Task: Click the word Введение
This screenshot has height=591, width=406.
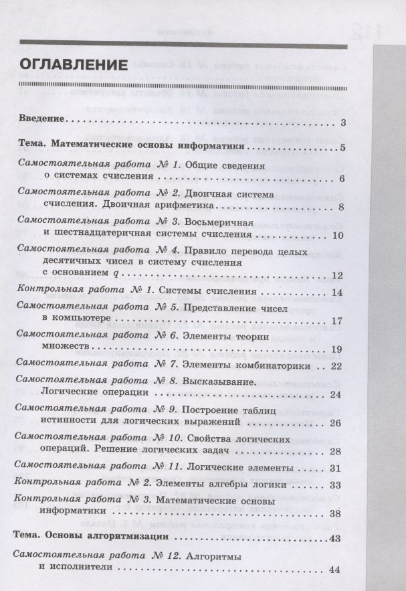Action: (40, 120)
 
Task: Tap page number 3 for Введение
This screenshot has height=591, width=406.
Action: (342, 122)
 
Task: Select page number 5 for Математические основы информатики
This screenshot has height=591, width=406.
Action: (341, 148)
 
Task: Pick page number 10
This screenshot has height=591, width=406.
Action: (337, 235)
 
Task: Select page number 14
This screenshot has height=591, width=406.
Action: (337, 292)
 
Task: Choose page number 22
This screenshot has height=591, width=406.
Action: (336, 365)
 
